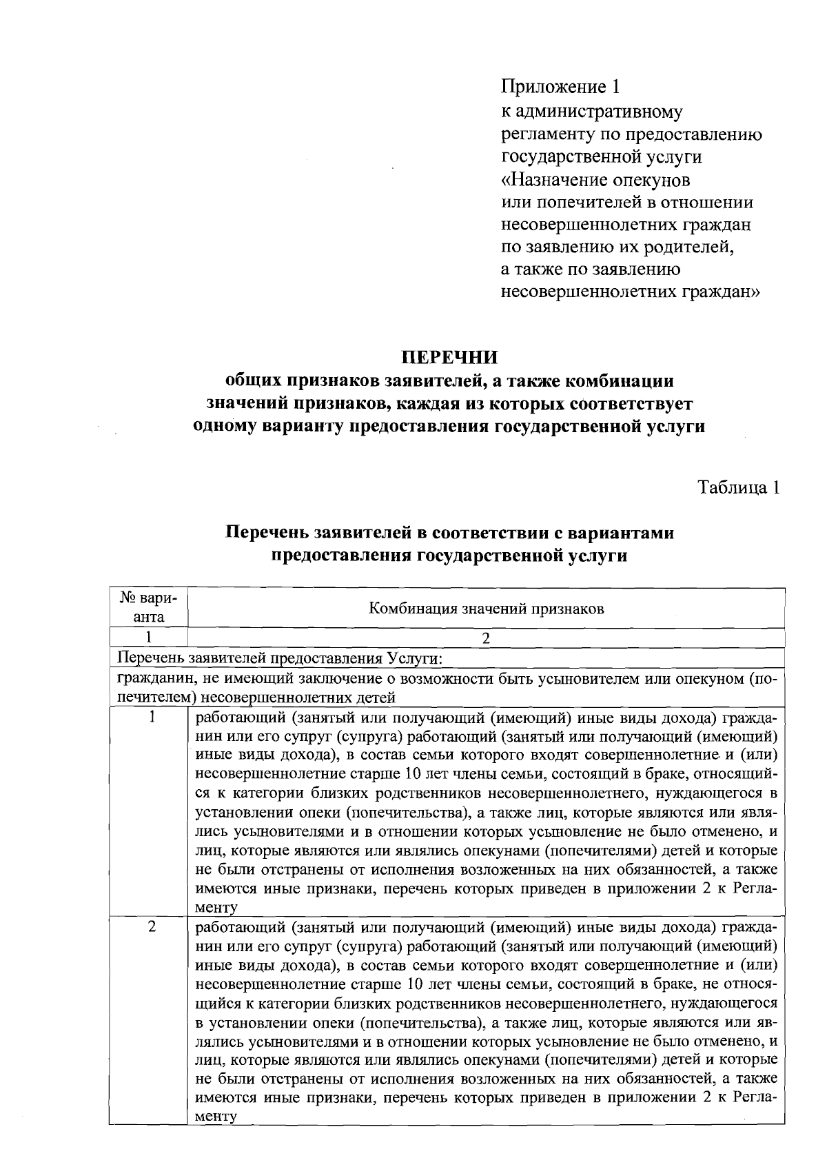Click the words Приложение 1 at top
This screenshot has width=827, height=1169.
[560, 88]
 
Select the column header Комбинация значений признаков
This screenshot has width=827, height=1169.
[487, 609]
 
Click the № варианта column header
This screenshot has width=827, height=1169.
[148, 607]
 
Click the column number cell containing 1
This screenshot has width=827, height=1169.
[148, 638]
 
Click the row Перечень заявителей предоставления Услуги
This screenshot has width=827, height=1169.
[279, 658]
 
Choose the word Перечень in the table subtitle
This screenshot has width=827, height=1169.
[267, 533]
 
